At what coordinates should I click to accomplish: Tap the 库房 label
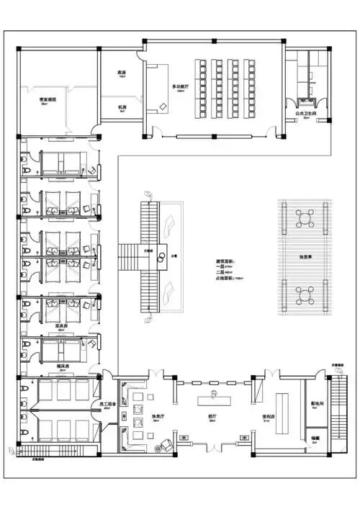122,73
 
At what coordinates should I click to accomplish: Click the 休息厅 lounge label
161,417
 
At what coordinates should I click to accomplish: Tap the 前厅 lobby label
213,417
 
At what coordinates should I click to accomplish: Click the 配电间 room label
315,405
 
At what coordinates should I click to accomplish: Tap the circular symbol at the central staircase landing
163,256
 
